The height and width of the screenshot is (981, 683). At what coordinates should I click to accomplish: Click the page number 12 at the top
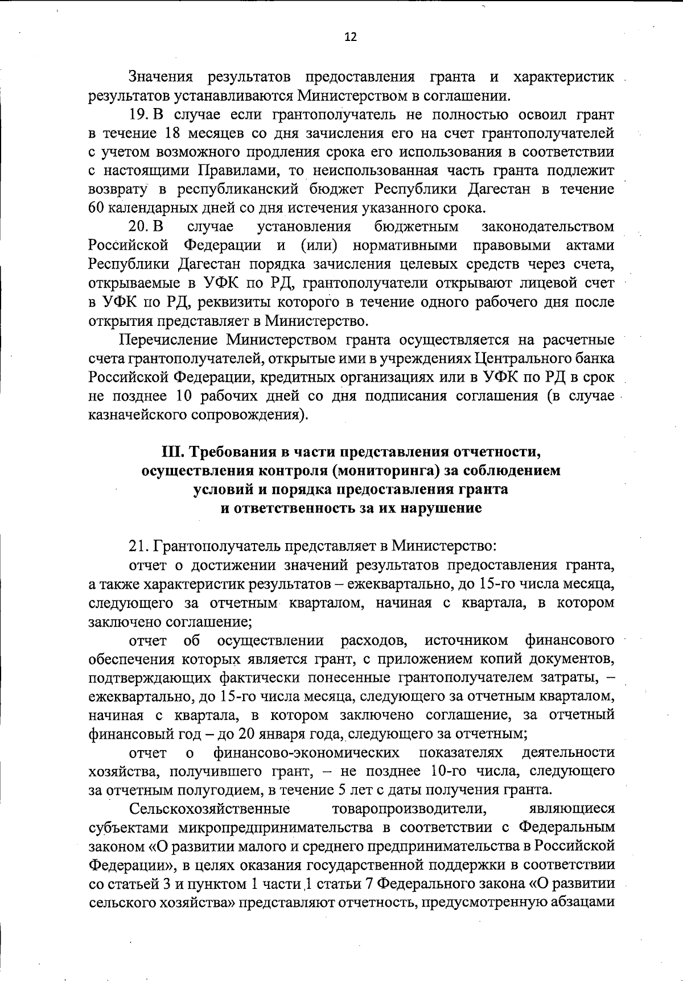(x=351, y=38)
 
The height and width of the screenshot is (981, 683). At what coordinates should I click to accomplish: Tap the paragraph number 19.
(x=139, y=115)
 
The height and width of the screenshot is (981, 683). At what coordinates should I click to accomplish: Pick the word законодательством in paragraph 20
(x=548, y=226)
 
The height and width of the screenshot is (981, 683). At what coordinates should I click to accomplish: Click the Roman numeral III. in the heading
(x=173, y=452)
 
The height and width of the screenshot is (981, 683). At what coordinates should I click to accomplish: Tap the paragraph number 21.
(x=138, y=547)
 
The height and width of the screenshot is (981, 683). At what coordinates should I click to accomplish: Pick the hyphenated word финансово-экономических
(x=306, y=752)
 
